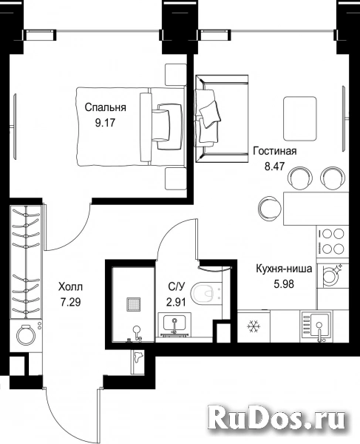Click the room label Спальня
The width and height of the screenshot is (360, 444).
(x=105, y=108)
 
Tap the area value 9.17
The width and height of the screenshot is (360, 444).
(x=105, y=123)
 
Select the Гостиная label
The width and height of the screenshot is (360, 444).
(x=274, y=151)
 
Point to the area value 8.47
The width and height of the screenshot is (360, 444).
(x=274, y=166)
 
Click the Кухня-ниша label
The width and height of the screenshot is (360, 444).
(x=284, y=269)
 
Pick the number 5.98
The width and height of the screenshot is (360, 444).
(x=284, y=283)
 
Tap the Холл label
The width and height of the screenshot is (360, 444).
(x=70, y=287)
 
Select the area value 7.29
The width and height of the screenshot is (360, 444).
(x=70, y=303)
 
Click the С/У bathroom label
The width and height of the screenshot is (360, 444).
(x=176, y=287)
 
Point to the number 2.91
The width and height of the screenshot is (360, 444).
(x=176, y=303)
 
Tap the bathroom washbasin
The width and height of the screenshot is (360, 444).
(x=174, y=325)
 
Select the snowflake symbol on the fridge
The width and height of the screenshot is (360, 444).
(x=254, y=326)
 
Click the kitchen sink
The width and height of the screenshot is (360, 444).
(x=316, y=326)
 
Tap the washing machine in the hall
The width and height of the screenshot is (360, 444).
(x=26, y=336)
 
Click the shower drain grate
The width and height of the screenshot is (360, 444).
(x=134, y=304)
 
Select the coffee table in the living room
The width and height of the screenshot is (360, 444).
(x=300, y=118)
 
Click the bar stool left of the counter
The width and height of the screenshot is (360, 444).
(x=270, y=208)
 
